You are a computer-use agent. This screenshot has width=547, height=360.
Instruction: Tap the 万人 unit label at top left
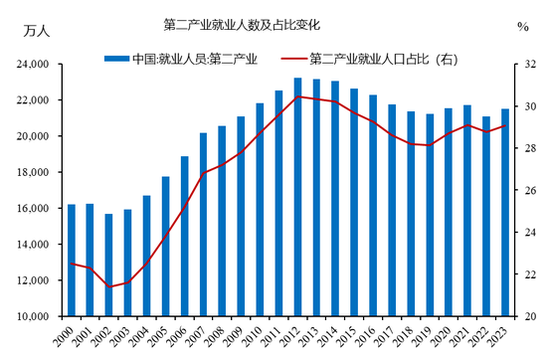tap(37, 29)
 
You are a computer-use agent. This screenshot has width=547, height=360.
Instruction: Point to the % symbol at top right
tap(523, 27)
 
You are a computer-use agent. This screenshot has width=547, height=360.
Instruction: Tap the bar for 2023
tap(504, 213)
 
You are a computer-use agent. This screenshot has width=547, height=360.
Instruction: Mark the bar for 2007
tap(203, 224)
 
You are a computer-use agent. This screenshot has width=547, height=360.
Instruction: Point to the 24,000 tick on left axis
tap(35, 65)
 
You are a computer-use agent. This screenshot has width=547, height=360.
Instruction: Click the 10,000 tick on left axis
tap(35, 316)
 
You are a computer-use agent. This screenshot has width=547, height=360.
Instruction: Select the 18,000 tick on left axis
tap(35, 172)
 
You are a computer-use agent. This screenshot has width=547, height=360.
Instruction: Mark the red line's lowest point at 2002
tap(108, 286)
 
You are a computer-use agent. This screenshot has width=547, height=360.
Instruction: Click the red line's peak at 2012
tap(298, 96)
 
